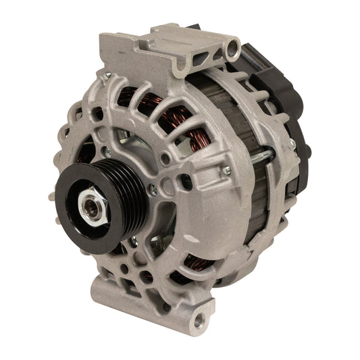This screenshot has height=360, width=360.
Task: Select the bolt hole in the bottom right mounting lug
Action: [x=199, y=318]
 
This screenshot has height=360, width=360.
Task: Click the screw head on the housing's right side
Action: [x=227, y=170]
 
